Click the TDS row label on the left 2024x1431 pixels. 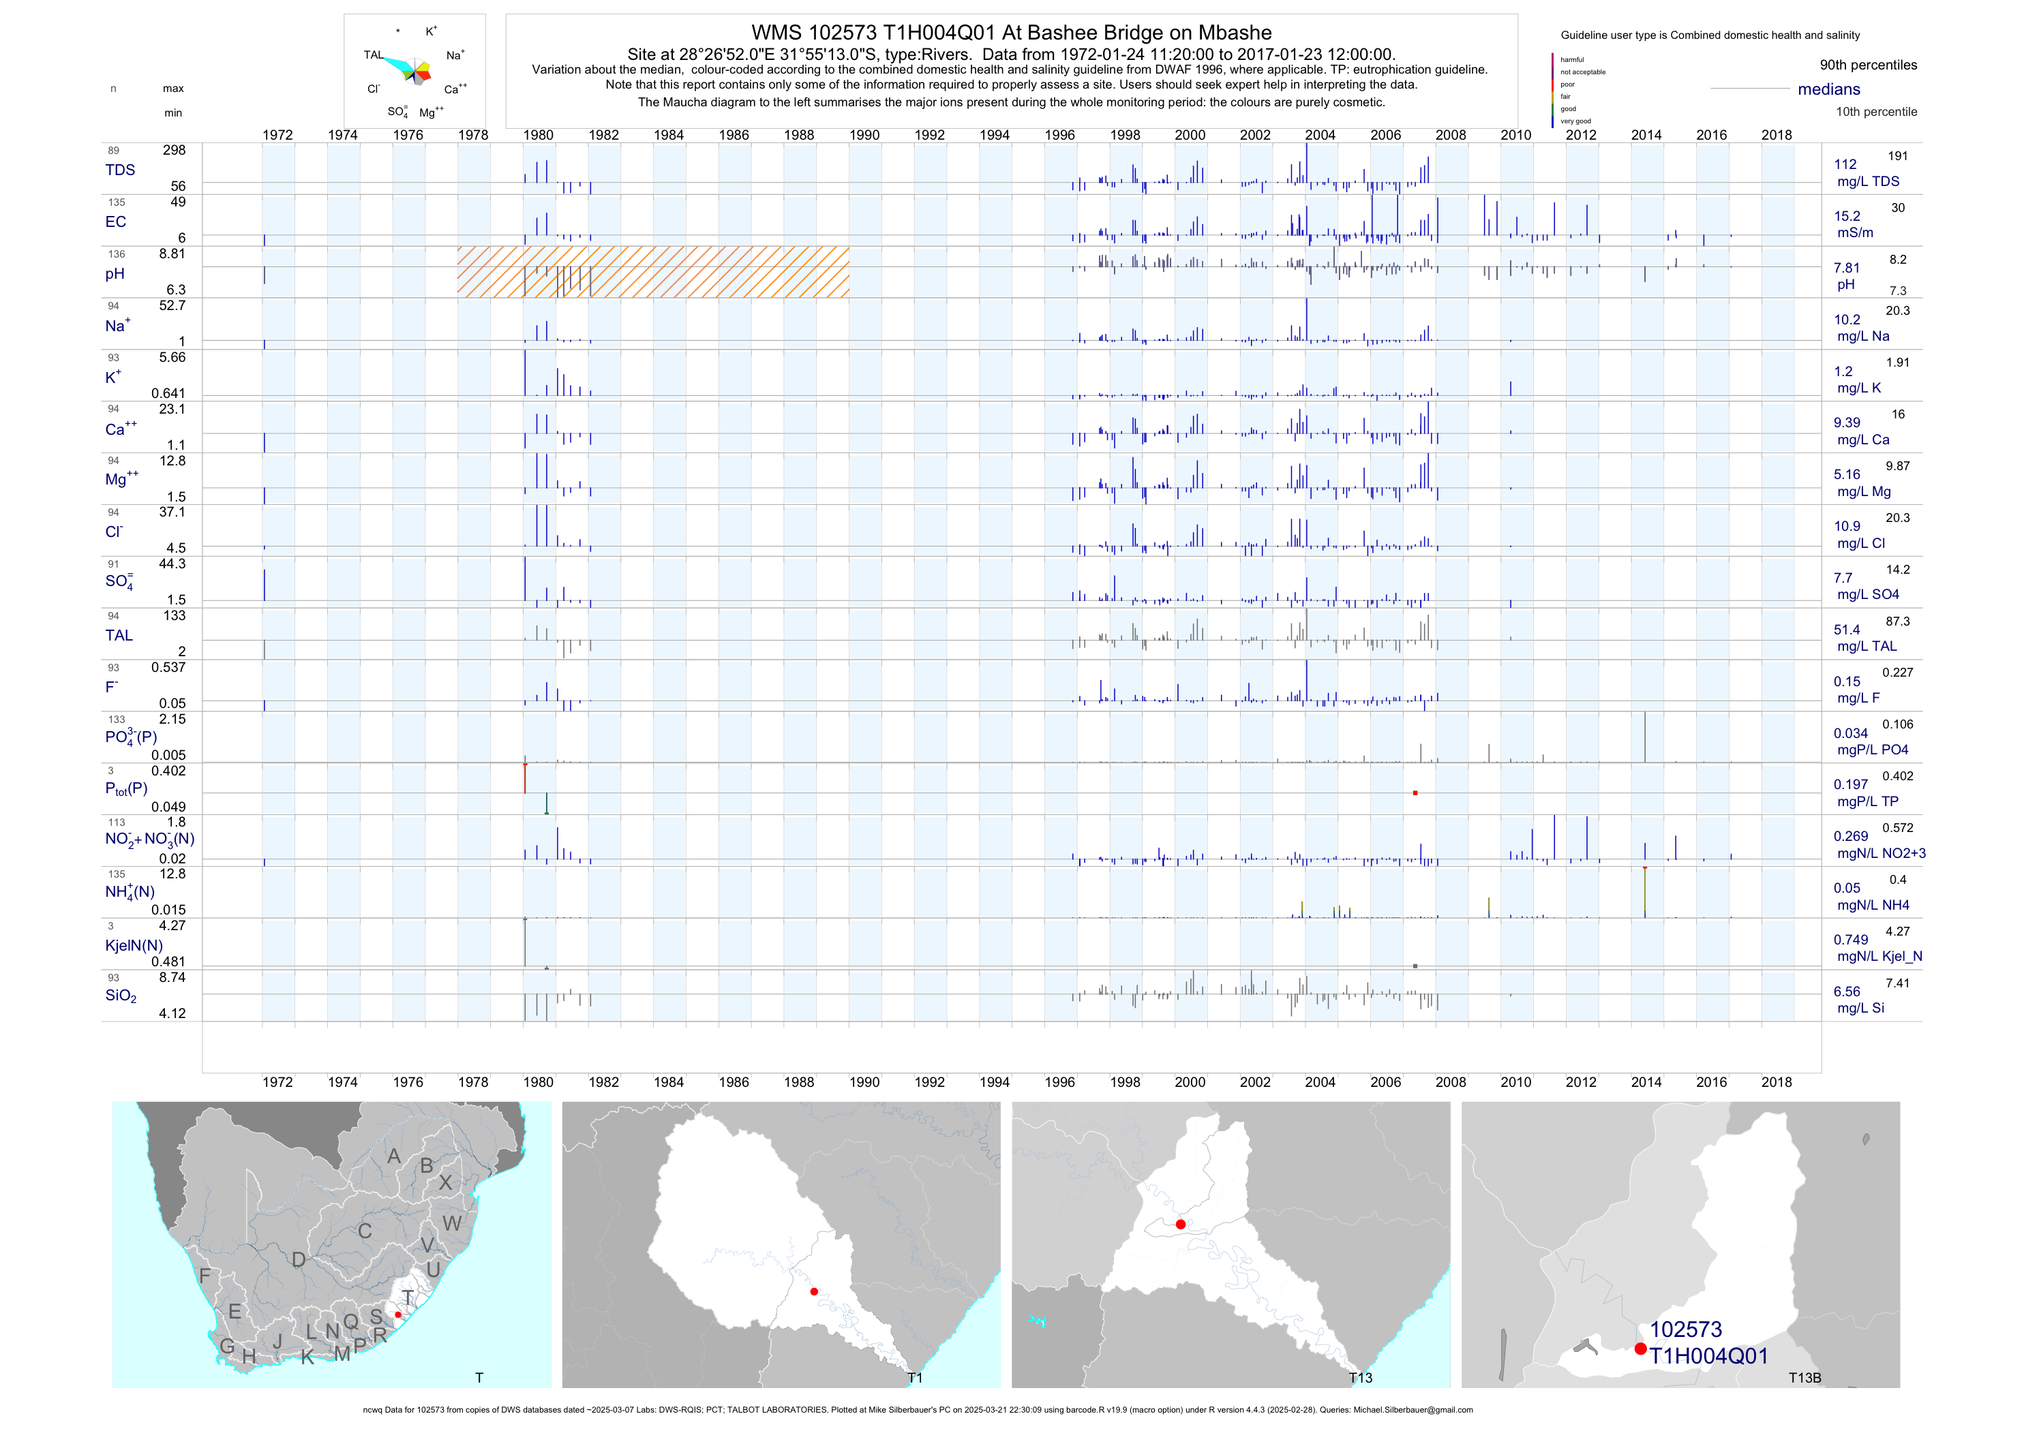click(x=120, y=170)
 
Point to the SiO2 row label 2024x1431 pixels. click(x=121, y=996)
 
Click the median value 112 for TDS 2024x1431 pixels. click(x=1845, y=165)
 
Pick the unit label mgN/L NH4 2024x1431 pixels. click(x=1873, y=905)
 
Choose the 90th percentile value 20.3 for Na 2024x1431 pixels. click(x=1897, y=311)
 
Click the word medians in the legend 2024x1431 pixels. click(x=1829, y=89)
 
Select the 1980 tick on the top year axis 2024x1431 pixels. click(x=538, y=135)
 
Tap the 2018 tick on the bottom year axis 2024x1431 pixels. click(x=1777, y=1082)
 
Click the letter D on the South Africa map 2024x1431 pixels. click(x=299, y=1260)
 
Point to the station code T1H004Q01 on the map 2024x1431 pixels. click(x=1708, y=1356)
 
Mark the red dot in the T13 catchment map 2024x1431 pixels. click(x=1180, y=1224)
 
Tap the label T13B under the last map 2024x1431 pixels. click(x=1804, y=1378)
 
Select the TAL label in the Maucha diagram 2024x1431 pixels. click(x=374, y=55)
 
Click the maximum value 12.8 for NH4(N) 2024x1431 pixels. click(x=172, y=874)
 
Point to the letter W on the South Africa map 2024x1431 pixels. click(x=452, y=1223)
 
